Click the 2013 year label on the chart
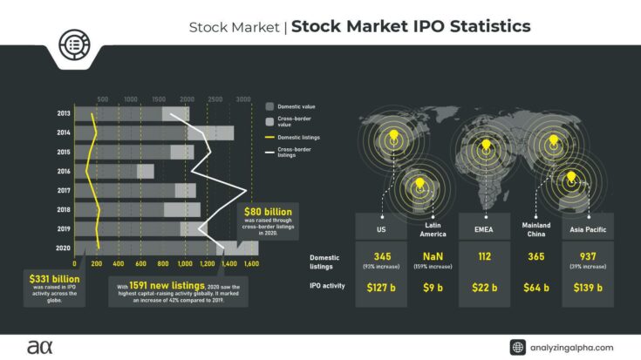(64, 113)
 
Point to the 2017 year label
(64, 190)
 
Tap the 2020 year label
(64, 248)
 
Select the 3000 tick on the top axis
(244, 98)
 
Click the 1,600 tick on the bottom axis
(251, 262)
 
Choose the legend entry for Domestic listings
(298, 138)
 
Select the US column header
(381, 230)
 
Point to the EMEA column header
(484, 230)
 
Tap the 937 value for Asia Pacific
(587, 256)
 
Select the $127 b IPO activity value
(381, 287)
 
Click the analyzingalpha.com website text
(575, 347)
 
